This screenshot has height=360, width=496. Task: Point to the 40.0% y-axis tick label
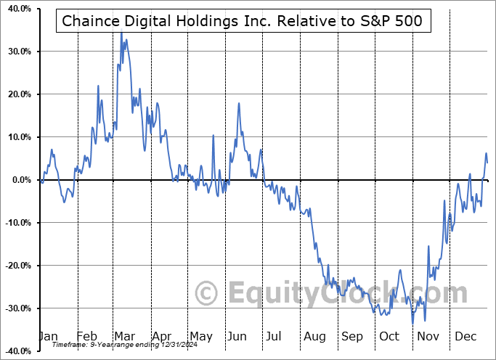click(x=17, y=9)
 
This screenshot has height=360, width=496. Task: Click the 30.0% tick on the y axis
click(x=17, y=52)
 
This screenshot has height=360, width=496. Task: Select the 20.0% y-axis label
click(x=17, y=94)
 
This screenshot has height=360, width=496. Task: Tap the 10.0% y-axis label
click(x=17, y=137)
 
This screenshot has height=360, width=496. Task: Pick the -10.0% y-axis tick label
click(x=15, y=223)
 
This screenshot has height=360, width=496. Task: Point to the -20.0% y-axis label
click(x=15, y=266)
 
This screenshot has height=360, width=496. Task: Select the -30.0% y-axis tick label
click(x=15, y=308)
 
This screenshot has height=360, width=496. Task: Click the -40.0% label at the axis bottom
click(x=15, y=351)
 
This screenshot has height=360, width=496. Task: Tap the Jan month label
click(x=48, y=337)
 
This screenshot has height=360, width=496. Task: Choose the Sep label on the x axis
click(x=352, y=337)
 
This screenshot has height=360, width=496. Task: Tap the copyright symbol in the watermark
click(x=207, y=294)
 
